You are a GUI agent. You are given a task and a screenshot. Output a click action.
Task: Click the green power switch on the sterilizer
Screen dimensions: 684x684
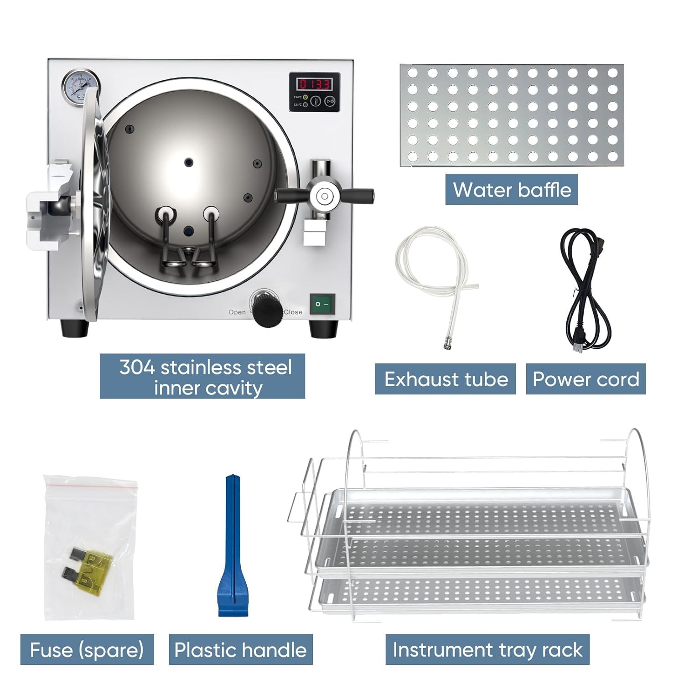(x=322, y=304)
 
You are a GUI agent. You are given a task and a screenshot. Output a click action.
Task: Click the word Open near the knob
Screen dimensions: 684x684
(x=237, y=312)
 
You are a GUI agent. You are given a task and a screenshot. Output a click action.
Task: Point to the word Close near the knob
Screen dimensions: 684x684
(x=293, y=312)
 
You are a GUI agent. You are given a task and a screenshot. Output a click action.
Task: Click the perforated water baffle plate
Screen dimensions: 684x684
(x=511, y=115)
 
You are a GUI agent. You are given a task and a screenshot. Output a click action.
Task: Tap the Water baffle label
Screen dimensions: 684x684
(x=512, y=189)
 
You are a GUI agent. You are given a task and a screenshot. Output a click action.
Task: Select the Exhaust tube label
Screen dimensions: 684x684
(x=446, y=379)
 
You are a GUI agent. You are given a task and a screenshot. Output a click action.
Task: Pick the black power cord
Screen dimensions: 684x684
(x=584, y=292)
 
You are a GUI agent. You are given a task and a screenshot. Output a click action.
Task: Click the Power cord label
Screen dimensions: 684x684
(x=586, y=379)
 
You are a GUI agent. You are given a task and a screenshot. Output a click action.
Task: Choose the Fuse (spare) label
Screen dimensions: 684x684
(x=87, y=649)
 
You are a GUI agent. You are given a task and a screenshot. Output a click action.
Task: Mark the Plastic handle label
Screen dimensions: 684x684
(x=240, y=649)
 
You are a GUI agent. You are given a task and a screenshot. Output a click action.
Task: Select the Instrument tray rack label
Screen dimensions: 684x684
(x=487, y=649)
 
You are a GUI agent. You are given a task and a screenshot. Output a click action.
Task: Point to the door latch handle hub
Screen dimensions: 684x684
(x=324, y=197)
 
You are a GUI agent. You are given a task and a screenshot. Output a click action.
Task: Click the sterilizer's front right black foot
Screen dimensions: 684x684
(x=323, y=328)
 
